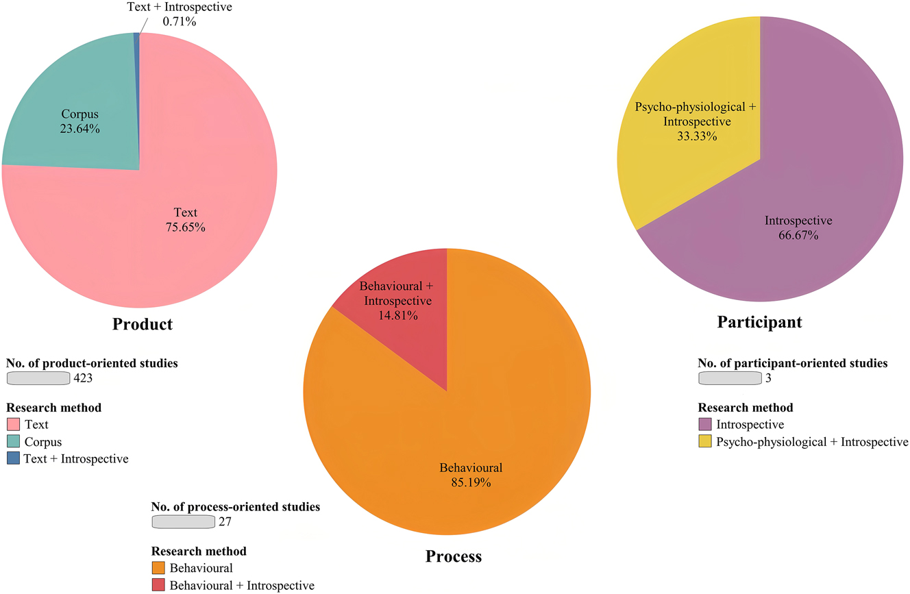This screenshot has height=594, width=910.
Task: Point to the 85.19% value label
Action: (471, 482)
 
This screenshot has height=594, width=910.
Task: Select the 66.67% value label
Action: (798, 235)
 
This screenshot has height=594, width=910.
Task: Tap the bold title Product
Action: (143, 324)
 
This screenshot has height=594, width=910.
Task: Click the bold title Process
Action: (454, 556)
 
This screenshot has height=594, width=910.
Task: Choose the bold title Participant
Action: (759, 321)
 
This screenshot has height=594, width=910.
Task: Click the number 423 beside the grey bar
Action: (83, 378)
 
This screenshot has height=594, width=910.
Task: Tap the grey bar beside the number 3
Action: (730, 378)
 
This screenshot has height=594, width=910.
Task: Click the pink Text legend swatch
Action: (13, 425)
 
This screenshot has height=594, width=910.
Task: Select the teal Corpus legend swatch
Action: (13, 442)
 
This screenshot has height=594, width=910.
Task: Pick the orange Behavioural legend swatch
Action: (158, 568)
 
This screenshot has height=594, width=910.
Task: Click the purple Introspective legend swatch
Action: (704, 425)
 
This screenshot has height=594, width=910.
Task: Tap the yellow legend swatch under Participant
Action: (704, 442)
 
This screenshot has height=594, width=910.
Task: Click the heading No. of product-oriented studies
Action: (92, 363)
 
